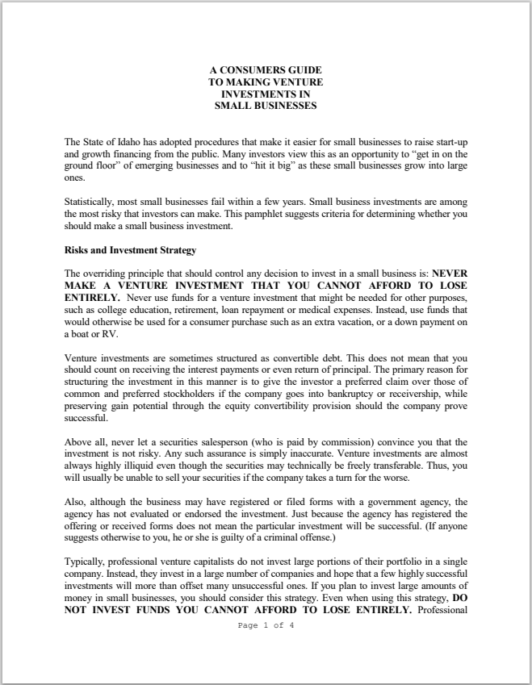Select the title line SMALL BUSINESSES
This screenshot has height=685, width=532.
pos(266,105)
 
